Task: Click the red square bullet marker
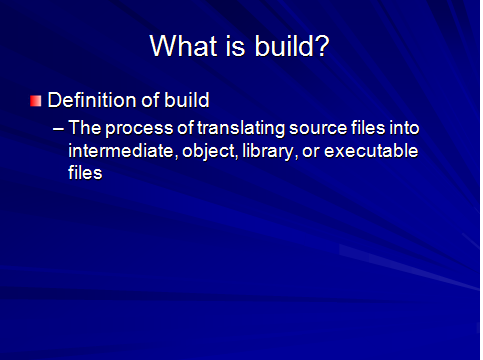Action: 36,100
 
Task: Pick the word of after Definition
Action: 147,100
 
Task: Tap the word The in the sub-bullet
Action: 83,131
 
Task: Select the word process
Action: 133,131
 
